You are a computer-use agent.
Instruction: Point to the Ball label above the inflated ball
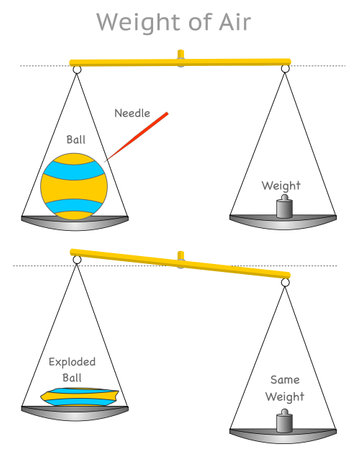pos(77,139)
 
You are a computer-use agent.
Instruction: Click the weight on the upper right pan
pos(283,207)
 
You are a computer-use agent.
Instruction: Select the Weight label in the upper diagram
pos(281,185)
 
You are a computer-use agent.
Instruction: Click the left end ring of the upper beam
pos(76,68)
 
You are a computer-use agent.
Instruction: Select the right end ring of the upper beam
pos(285,68)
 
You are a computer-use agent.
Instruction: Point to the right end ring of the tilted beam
pos(286,283)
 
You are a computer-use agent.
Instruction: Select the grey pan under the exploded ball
pos(75,411)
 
